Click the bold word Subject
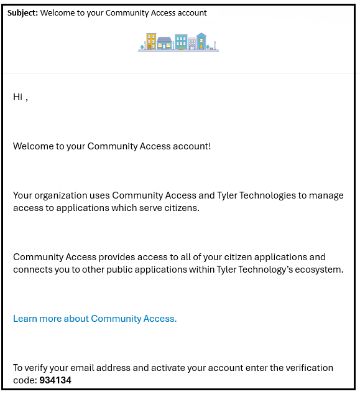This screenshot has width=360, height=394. pos(22,12)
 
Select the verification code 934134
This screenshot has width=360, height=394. pos(55,380)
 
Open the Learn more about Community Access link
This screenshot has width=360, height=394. pos(95,319)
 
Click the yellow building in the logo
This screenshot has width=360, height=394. pos(151,41)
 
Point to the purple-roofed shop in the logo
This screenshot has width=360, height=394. pos(164,43)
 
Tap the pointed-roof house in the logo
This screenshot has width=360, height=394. pos(201,41)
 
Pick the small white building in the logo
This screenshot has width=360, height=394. pos(192,44)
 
